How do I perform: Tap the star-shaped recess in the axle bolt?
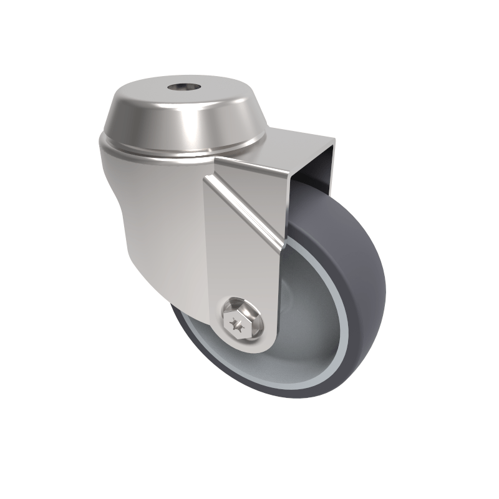[x=237, y=324]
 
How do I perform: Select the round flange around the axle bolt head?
[x=250, y=324]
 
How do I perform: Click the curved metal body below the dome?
[x=156, y=212]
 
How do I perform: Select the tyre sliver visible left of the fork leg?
[x=187, y=331]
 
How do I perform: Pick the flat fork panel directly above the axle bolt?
[x=240, y=268]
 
